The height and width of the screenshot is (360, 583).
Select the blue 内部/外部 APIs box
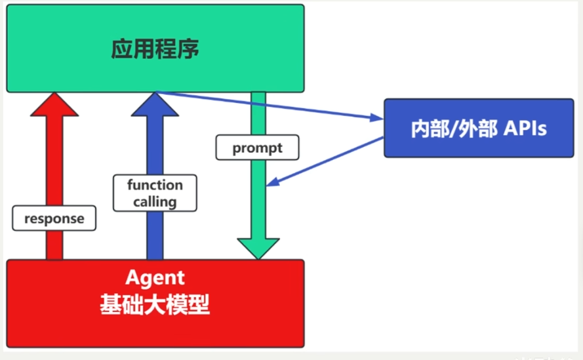478,128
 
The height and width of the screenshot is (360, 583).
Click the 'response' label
54,218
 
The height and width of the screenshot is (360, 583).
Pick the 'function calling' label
155,193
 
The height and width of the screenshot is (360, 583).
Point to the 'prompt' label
258,148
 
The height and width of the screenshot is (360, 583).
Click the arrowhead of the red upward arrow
54,105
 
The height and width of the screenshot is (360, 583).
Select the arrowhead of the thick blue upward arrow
155,105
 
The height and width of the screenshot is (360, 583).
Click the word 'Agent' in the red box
155,278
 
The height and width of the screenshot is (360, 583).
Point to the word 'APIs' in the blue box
525,129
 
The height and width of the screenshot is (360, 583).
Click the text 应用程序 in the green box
155,49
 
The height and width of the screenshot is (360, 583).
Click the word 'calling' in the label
155,201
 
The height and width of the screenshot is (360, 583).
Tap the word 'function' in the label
155,185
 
